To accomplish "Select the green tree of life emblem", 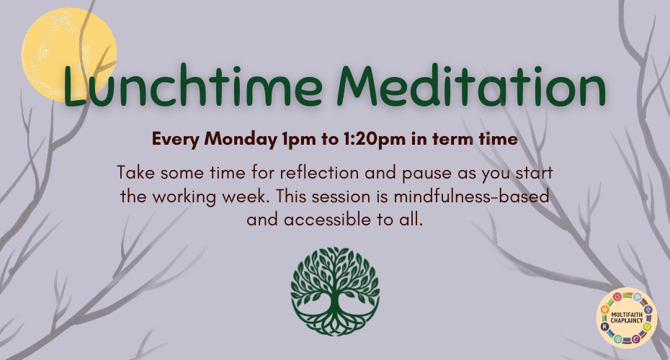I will (x=334, y=292).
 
